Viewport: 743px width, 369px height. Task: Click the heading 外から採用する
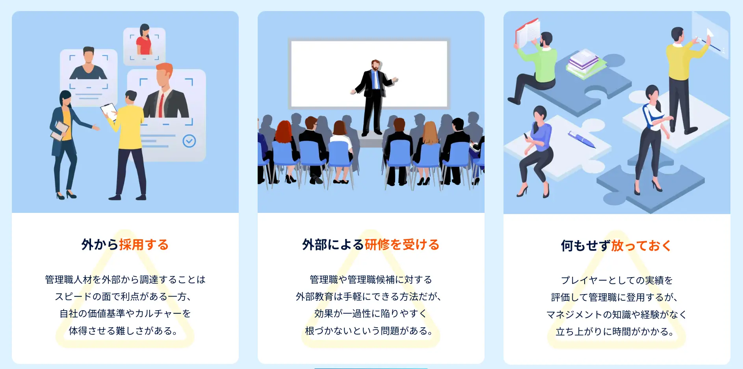coord(125,245)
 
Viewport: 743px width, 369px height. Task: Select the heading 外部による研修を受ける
coord(371,245)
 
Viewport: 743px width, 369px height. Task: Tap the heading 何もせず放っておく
coord(616,246)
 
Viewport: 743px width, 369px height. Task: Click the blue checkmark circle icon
coord(189,141)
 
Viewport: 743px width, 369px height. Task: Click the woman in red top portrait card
coord(144,46)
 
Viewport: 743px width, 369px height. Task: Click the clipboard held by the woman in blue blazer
coord(60,130)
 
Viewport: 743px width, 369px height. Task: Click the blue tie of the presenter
coord(376,80)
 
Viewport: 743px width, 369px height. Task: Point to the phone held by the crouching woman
coord(526,136)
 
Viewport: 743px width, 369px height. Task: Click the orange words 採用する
coord(144,245)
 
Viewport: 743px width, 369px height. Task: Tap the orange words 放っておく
coord(641,246)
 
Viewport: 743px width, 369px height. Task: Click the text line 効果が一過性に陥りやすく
coord(371,313)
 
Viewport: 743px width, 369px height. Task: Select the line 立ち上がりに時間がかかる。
coord(616,332)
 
